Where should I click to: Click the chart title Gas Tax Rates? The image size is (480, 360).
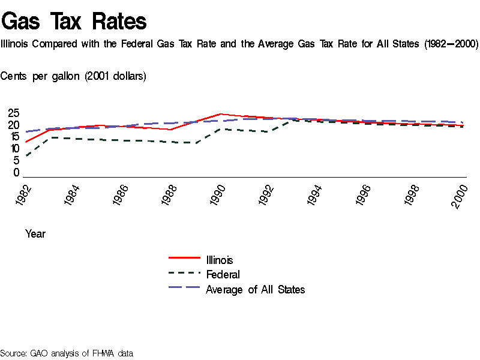click(74, 21)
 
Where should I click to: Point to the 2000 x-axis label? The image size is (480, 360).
click(460, 196)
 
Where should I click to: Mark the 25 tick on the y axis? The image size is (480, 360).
click(13, 113)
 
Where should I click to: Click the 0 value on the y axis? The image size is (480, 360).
click(16, 173)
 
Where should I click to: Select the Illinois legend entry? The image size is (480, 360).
click(219, 260)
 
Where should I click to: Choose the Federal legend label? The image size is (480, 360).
click(223, 275)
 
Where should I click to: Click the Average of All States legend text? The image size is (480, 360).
click(255, 290)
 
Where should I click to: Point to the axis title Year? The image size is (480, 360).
click(35, 234)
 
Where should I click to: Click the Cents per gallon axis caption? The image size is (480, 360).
click(73, 76)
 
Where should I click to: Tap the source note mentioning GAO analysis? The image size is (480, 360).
click(67, 353)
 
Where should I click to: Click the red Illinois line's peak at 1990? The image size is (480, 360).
click(221, 114)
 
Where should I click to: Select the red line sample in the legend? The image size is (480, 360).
click(184, 258)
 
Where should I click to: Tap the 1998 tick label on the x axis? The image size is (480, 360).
click(412, 196)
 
